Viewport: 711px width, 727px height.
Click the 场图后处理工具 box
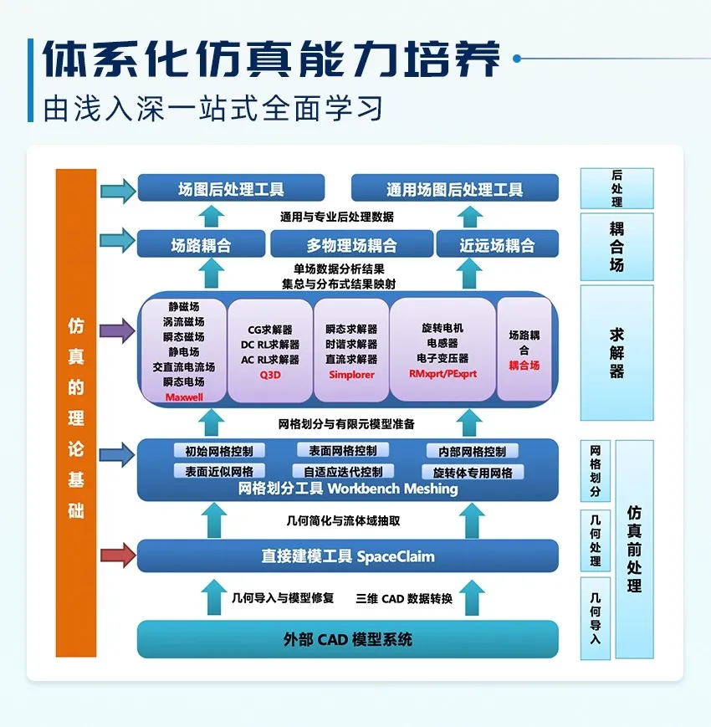tap(231, 189)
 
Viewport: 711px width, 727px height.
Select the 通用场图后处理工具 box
tap(454, 189)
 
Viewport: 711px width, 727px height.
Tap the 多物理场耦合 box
tap(351, 245)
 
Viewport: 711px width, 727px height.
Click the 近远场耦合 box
tap(497, 245)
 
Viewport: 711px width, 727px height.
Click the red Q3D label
tap(269, 375)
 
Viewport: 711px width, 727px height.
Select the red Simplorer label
tap(350, 374)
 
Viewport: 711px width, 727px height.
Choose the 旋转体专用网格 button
tap(473, 472)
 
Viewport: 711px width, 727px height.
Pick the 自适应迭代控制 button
tap(343, 472)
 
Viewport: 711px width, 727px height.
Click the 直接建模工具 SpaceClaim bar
tap(347, 556)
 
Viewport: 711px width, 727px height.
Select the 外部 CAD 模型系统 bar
tap(347, 640)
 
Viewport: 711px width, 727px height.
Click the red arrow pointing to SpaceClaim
tap(117, 555)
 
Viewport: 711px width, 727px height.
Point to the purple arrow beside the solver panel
tap(117, 330)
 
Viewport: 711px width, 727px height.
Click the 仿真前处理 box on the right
tap(634, 549)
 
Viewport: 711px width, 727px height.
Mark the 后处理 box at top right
tap(616, 188)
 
